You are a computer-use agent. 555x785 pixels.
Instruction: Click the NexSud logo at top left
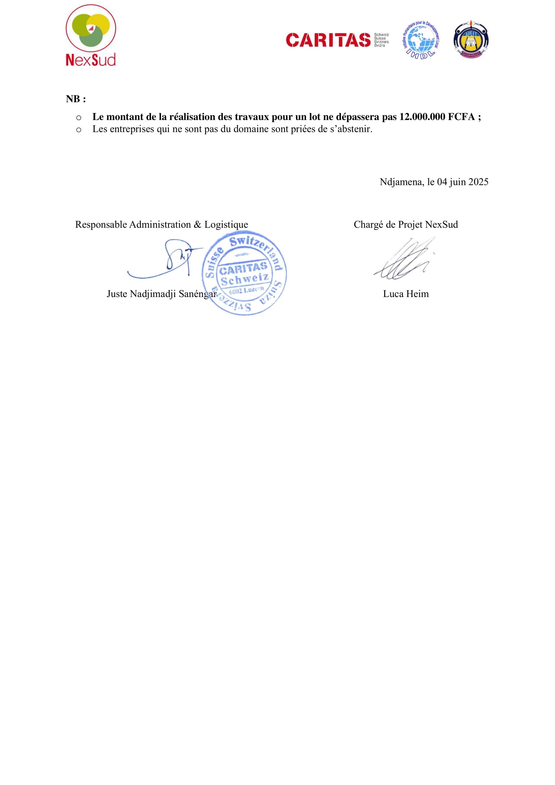[91, 35]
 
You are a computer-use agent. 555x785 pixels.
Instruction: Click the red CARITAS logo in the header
[329, 40]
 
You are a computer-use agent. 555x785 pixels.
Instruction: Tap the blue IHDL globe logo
[421, 40]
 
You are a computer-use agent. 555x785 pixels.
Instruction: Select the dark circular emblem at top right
[470, 39]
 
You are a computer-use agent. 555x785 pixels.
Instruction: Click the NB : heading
[76, 99]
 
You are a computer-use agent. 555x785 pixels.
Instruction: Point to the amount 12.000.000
[422, 117]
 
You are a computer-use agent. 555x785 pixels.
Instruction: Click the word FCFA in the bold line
[461, 117]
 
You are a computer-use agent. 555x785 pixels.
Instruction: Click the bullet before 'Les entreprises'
[79, 130]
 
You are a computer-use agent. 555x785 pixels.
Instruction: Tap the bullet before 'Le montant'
[79, 118]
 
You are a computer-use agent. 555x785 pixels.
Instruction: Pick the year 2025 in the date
[478, 182]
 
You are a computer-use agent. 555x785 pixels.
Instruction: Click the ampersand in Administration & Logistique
[198, 225]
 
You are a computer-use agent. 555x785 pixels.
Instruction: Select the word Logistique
[226, 225]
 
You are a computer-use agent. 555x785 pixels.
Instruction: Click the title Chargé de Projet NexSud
[406, 225]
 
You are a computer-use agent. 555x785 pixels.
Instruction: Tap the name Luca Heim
[406, 294]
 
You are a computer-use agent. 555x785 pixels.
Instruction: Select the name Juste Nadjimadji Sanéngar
[161, 294]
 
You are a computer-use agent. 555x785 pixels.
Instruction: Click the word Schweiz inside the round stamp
[245, 280]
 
